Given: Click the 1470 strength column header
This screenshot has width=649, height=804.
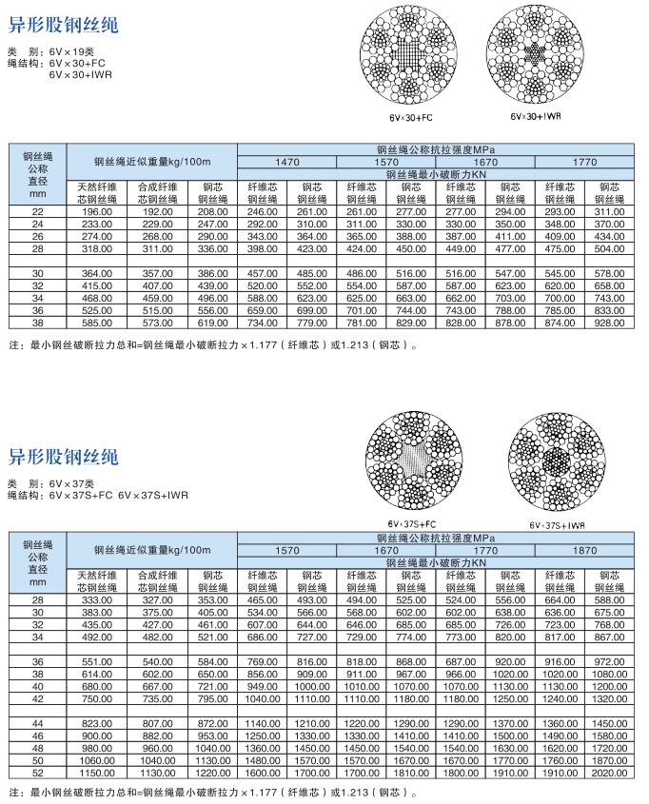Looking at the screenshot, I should (286, 163).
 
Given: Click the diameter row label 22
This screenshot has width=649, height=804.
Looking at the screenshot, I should (38, 210).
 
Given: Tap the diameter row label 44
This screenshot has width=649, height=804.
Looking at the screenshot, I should (38, 724).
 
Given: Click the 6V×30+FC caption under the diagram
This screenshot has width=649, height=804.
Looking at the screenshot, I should (410, 118).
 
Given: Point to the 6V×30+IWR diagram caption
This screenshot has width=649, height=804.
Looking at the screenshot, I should (536, 117).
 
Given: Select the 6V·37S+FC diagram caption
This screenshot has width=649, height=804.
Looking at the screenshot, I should (411, 523).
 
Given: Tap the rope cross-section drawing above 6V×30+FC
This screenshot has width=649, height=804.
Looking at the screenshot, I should (410, 60).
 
